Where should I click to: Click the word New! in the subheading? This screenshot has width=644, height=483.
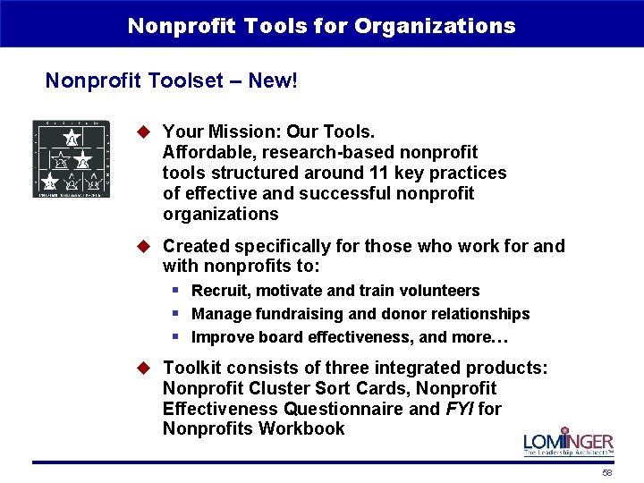coord(273,81)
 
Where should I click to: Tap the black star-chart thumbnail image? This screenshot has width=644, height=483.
coord(72,159)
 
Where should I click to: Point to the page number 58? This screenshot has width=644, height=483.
coord(607,473)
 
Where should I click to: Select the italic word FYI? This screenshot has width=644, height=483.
coord(456,409)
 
